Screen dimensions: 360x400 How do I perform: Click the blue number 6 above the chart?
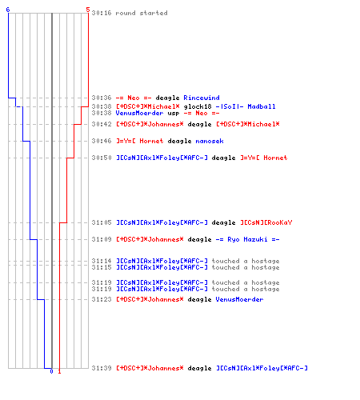[8, 10]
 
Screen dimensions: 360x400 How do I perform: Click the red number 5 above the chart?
[88, 10]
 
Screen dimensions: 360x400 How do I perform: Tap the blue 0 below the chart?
[51, 371]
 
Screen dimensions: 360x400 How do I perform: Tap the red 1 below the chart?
[59, 371]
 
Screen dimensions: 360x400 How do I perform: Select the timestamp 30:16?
[102, 13]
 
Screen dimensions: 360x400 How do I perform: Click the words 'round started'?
[142, 13]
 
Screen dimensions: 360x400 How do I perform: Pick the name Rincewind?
[202, 98]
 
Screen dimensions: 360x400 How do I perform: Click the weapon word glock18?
[198, 106]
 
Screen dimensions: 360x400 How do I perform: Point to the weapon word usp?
[174, 114]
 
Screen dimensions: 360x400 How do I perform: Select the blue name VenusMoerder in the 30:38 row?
[139, 113]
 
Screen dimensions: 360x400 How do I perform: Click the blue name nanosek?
[210, 141]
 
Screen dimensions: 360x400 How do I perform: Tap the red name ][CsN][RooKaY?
[266, 222]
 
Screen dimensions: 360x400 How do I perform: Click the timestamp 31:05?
[102, 222]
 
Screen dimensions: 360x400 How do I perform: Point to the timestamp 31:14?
[102, 261]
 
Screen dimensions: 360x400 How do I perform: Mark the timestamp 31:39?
[102, 368]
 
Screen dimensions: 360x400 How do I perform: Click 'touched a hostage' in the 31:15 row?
[246, 267]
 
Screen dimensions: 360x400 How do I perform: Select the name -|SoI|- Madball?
[246, 106]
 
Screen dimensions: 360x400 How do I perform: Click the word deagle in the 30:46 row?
[179, 141]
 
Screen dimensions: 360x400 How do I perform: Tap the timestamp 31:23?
[102, 299]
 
